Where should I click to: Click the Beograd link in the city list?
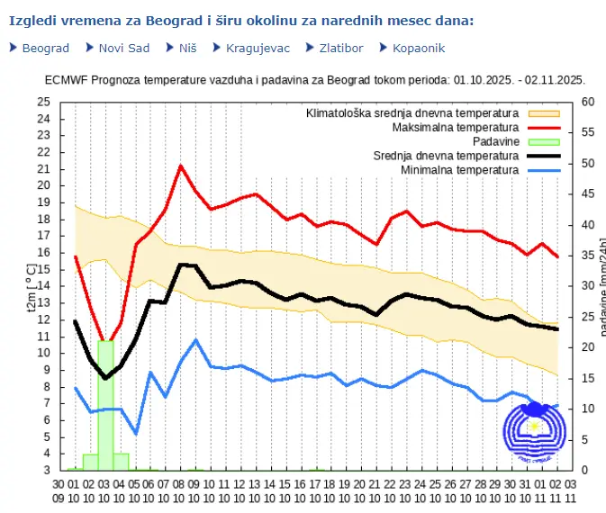point(45,48)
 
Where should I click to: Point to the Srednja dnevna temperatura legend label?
point(446,155)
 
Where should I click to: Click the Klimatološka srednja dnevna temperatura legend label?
point(412,113)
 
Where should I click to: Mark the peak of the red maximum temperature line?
point(181,166)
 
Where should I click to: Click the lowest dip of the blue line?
point(136,434)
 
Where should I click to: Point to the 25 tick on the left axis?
point(44,102)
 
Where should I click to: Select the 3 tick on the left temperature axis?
point(47,470)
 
